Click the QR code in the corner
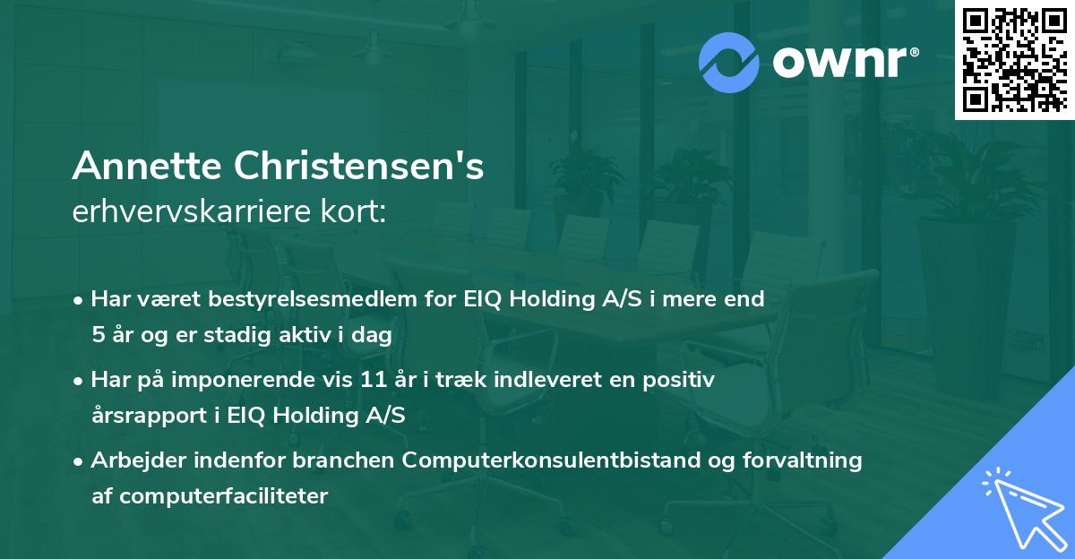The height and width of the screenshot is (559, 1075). point(1015,59)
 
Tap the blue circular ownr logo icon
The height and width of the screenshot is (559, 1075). point(728,61)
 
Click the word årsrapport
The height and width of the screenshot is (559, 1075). point(142,415)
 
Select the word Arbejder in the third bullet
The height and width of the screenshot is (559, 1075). point(130,460)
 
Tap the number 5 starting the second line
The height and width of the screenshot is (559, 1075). point(97,334)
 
